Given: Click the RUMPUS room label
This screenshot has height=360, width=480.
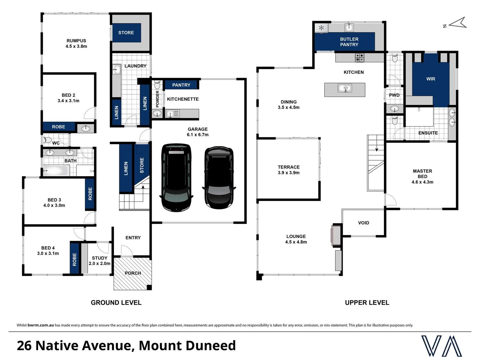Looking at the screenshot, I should (76, 41).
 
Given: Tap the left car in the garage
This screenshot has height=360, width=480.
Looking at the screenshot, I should (176, 177).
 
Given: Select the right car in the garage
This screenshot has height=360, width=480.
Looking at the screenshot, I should (219, 177).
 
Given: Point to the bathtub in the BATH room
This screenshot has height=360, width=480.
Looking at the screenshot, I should (56, 171).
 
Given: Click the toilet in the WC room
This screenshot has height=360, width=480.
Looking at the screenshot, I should (47, 140).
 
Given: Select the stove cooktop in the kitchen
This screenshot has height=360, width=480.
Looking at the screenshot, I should (359, 58).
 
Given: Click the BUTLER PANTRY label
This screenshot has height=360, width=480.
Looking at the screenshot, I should (349, 42).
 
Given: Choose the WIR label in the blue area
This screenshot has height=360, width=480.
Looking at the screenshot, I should (430, 79).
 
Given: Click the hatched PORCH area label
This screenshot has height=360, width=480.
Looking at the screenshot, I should (133, 273).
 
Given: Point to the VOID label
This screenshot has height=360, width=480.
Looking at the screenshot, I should (363, 223).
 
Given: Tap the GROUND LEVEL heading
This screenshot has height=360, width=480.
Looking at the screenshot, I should (116, 303).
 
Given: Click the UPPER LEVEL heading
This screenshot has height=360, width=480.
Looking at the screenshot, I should (367, 303).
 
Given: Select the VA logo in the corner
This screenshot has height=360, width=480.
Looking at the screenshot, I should (441, 346).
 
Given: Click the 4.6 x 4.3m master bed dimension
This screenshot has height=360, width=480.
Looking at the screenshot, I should (422, 182).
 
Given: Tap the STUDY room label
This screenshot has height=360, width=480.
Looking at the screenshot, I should (99, 258).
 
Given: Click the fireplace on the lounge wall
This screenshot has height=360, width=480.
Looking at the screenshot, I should (336, 235).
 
